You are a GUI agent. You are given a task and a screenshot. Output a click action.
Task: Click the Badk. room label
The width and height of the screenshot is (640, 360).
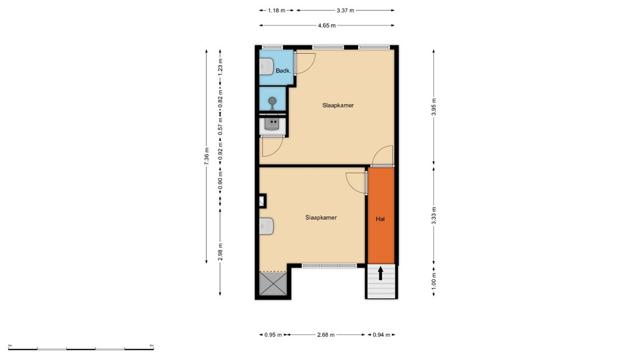282,71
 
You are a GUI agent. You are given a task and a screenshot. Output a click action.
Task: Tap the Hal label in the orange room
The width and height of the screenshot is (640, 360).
380,219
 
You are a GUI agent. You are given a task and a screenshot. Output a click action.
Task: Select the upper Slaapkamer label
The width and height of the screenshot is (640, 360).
338,106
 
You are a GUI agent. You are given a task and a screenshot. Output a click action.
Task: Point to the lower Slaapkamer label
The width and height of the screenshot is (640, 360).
321,218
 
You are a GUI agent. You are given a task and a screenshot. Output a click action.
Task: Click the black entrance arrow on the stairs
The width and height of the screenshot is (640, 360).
381,273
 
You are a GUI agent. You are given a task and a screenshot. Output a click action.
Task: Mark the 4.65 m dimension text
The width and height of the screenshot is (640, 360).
327,26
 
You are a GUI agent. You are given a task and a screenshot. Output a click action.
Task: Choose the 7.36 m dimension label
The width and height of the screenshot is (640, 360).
206,156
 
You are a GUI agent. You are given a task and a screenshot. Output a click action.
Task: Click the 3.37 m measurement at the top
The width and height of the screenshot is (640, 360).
345,11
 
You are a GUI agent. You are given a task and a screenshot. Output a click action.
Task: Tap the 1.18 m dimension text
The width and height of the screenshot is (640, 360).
277,11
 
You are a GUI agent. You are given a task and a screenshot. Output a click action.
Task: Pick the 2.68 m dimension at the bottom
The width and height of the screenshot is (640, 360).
325,335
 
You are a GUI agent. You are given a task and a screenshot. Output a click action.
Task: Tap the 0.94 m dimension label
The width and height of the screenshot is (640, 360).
381,335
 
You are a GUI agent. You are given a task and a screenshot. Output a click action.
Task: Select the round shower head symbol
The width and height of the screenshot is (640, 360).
272,101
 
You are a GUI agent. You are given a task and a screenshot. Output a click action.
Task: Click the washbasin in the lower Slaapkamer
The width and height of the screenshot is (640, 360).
266,226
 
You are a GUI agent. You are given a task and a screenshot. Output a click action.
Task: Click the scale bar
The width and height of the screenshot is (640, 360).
81,347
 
